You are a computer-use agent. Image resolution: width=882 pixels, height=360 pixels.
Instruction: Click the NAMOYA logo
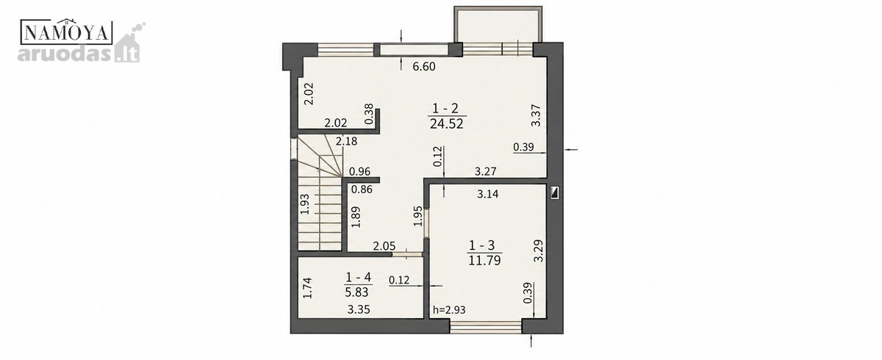point(66,32)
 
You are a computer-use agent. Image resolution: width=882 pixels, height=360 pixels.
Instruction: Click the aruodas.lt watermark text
point(79,54)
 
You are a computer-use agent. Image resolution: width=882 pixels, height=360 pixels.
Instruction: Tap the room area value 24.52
point(447,124)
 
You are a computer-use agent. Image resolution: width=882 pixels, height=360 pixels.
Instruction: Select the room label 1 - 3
point(481,245)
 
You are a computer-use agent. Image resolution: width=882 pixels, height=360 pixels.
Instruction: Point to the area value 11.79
point(484,261)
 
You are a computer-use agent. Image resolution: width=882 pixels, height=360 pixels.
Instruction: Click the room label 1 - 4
point(359,278)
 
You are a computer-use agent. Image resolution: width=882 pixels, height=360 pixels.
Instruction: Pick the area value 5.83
point(356,292)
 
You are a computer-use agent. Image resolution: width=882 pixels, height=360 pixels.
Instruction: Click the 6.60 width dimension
point(424,67)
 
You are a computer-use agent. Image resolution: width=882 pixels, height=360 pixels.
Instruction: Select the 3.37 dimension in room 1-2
point(536,115)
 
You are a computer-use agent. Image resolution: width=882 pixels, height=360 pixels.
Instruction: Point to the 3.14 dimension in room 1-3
point(488,194)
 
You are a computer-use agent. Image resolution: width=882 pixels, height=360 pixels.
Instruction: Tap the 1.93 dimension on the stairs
point(305,204)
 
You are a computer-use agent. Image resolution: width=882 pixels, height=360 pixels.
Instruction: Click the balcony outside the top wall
point(498,24)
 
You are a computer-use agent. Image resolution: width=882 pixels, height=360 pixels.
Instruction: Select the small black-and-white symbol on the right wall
point(555,192)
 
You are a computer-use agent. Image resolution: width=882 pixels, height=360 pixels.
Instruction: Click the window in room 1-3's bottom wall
point(486,327)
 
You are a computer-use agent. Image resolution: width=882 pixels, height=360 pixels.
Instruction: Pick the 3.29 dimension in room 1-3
point(538,251)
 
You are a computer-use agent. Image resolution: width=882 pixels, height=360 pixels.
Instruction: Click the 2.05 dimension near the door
point(384,246)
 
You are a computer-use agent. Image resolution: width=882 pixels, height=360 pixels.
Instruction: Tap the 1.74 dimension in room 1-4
point(307,288)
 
